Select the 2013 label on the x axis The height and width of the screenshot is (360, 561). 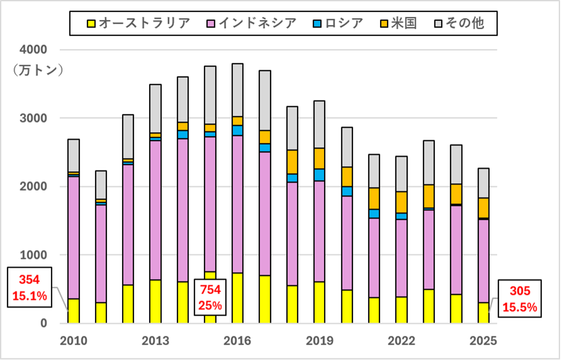coord(156,341)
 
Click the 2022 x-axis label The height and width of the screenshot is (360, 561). coord(402,341)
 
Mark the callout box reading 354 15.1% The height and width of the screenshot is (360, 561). coord(29,288)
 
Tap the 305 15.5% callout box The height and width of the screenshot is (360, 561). coord(520,299)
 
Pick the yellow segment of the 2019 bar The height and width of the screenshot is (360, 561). coord(320,302)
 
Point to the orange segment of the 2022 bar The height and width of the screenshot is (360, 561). coord(402,202)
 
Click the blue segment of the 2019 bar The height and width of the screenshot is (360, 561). coord(320,175)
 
